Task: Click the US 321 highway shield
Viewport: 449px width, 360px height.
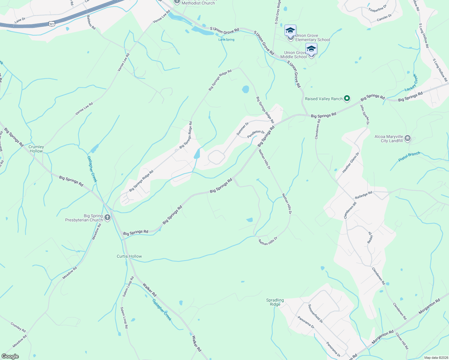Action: tap(52, 24)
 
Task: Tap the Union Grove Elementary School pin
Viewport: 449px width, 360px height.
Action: tap(290, 31)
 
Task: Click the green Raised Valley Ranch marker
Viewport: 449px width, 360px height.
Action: tap(347, 98)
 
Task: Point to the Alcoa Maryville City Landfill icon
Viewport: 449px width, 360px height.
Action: tap(408, 138)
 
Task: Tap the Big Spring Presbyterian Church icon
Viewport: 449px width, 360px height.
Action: tap(107, 218)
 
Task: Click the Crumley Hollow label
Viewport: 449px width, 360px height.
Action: tap(36, 149)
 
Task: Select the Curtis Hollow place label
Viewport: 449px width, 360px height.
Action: tap(129, 256)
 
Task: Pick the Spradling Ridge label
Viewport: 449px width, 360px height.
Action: tap(275, 302)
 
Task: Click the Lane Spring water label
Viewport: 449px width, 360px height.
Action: tap(226, 40)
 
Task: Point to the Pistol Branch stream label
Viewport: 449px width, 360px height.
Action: tap(409, 157)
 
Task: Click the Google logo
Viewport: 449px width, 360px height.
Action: tap(10, 356)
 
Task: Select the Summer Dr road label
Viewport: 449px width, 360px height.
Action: tap(243, 129)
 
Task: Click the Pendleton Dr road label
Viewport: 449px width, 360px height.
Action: tap(256, 134)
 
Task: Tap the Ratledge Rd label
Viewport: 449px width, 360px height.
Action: tap(363, 195)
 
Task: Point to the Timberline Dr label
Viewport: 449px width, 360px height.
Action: tap(378, 8)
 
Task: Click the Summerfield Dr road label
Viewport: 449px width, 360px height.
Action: tap(315, 313)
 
